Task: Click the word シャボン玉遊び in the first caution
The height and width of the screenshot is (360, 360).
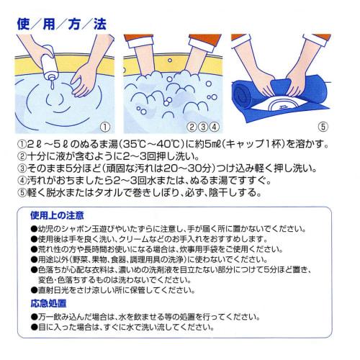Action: pos(92,228)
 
